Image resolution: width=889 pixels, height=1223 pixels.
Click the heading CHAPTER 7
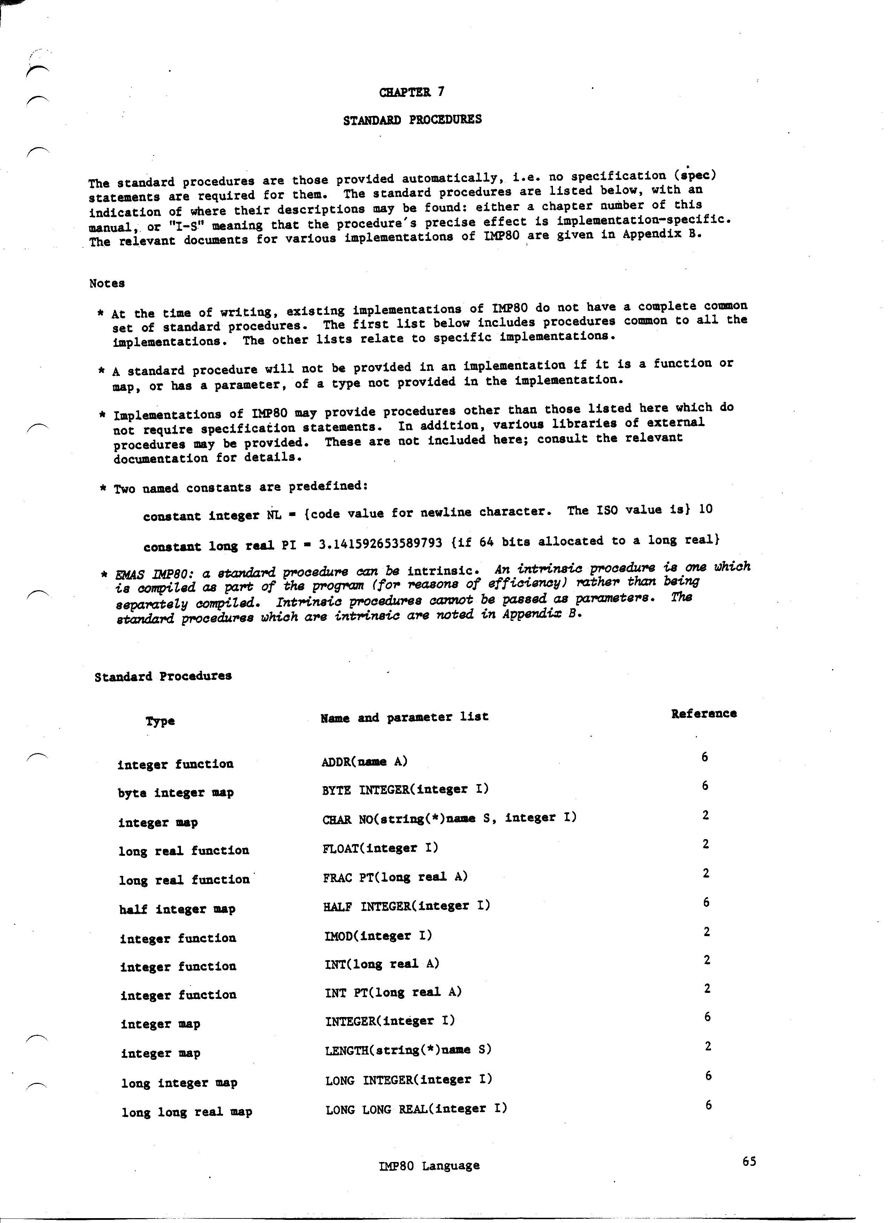(412, 92)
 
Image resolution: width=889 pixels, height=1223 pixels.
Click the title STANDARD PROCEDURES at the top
(412, 120)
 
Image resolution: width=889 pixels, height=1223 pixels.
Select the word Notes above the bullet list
(107, 283)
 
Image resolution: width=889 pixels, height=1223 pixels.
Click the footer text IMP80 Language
(429, 1165)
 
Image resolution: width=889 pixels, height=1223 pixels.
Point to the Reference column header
(704, 713)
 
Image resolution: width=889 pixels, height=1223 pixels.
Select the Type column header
(160, 721)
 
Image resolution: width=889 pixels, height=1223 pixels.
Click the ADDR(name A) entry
(364, 761)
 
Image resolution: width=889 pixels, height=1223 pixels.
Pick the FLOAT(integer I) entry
(380, 848)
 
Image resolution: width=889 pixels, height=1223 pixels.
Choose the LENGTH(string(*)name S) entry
(408, 1049)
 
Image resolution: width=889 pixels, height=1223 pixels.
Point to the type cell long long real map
(187, 1112)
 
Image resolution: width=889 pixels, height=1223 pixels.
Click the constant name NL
(274, 515)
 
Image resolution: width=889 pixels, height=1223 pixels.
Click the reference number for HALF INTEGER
(706, 902)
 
